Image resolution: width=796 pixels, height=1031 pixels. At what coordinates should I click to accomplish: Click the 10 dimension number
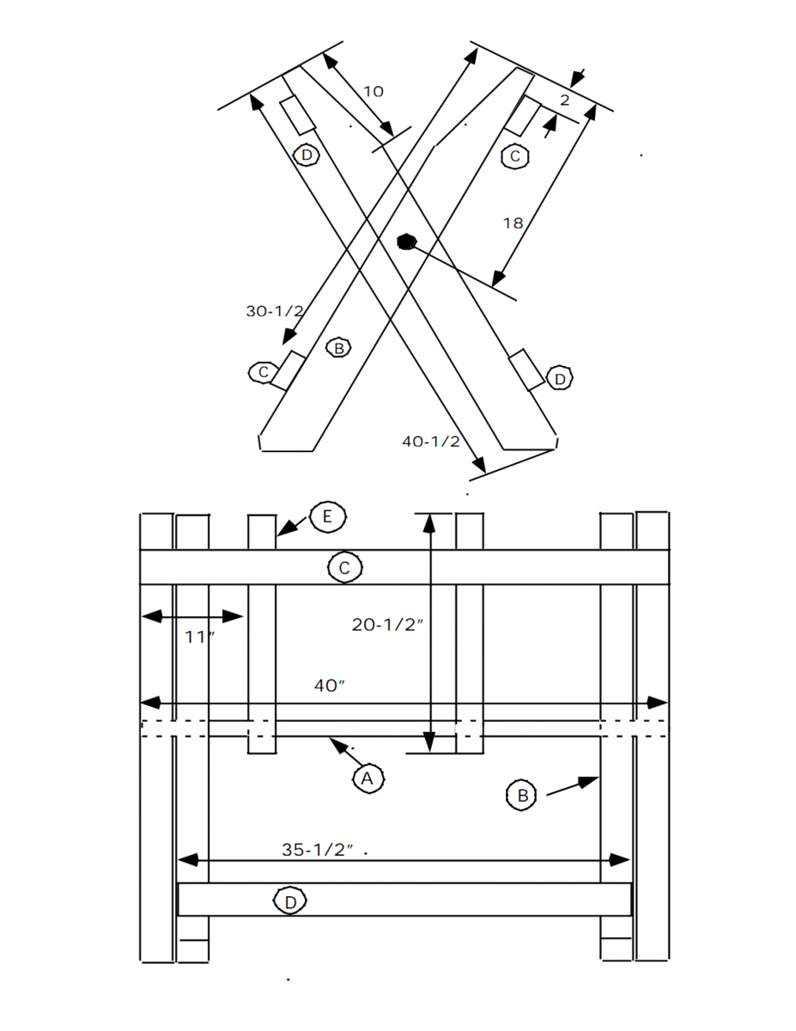(x=373, y=91)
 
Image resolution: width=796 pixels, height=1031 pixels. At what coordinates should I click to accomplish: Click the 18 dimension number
(x=513, y=223)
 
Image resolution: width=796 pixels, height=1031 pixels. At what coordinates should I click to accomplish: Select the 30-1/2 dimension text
(x=274, y=311)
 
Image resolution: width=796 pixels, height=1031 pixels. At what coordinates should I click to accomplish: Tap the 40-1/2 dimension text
(x=431, y=442)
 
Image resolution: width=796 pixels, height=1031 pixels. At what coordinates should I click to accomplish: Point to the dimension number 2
(x=564, y=101)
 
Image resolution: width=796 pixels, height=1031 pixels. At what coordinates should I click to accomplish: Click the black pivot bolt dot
(x=406, y=241)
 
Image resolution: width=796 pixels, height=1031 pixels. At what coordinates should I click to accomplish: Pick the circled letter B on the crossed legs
(x=339, y=348)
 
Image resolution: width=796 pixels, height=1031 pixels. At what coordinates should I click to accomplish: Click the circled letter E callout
(x=327, y=517)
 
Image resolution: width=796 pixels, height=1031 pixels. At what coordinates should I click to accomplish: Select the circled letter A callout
(x=368, y=778)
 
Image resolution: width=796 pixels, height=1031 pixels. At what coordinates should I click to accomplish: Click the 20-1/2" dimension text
(x=388, y=625)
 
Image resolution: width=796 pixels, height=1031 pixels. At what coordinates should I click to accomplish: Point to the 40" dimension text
(x=330, y=685)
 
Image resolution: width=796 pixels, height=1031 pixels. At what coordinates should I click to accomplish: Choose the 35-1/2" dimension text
(x=319, y=850)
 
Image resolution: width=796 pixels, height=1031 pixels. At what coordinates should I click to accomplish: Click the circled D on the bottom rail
(x=290, y=901)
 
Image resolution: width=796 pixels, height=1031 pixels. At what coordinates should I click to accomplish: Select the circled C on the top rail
(x=344, y=568)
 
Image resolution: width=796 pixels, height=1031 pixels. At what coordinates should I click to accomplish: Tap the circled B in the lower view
(x=521, y=796)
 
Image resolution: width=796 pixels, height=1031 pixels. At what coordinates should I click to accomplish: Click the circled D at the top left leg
(x=306, y=156)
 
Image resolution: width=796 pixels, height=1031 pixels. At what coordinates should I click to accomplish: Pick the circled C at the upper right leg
(x=515, y=156)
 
